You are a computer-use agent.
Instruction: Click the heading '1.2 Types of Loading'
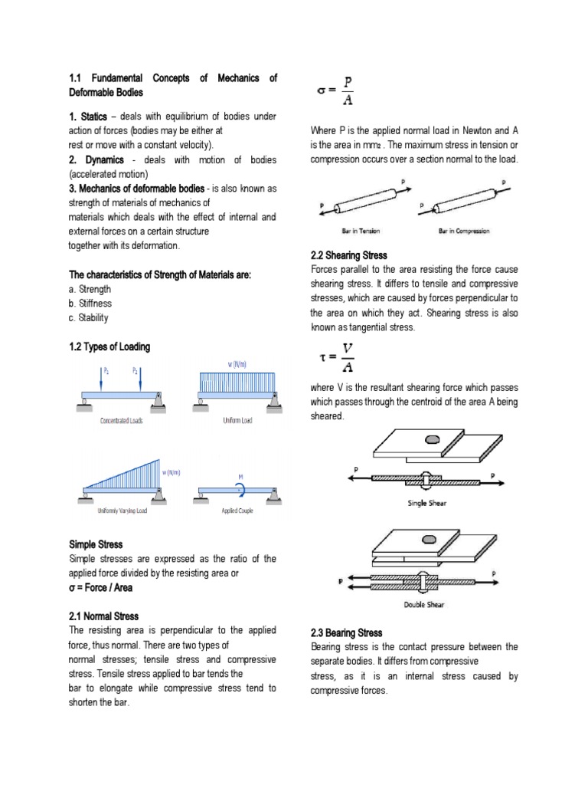pos(109,347)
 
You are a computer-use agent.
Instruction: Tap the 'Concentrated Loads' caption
pos(122,421)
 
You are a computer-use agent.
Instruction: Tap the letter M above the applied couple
pos(240,475)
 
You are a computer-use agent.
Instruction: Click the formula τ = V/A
pos(336,358)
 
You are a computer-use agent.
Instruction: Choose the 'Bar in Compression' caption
pos(464,231)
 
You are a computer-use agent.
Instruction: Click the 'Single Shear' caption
pos(433,503)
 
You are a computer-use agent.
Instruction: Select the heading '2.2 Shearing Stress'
pos(349,255)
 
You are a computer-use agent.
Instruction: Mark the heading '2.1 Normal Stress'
pos(104,616)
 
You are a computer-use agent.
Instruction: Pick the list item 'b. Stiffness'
pos(90,304)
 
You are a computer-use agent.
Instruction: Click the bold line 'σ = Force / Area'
pos(112,587)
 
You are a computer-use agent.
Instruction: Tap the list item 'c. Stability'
pos(89,318)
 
